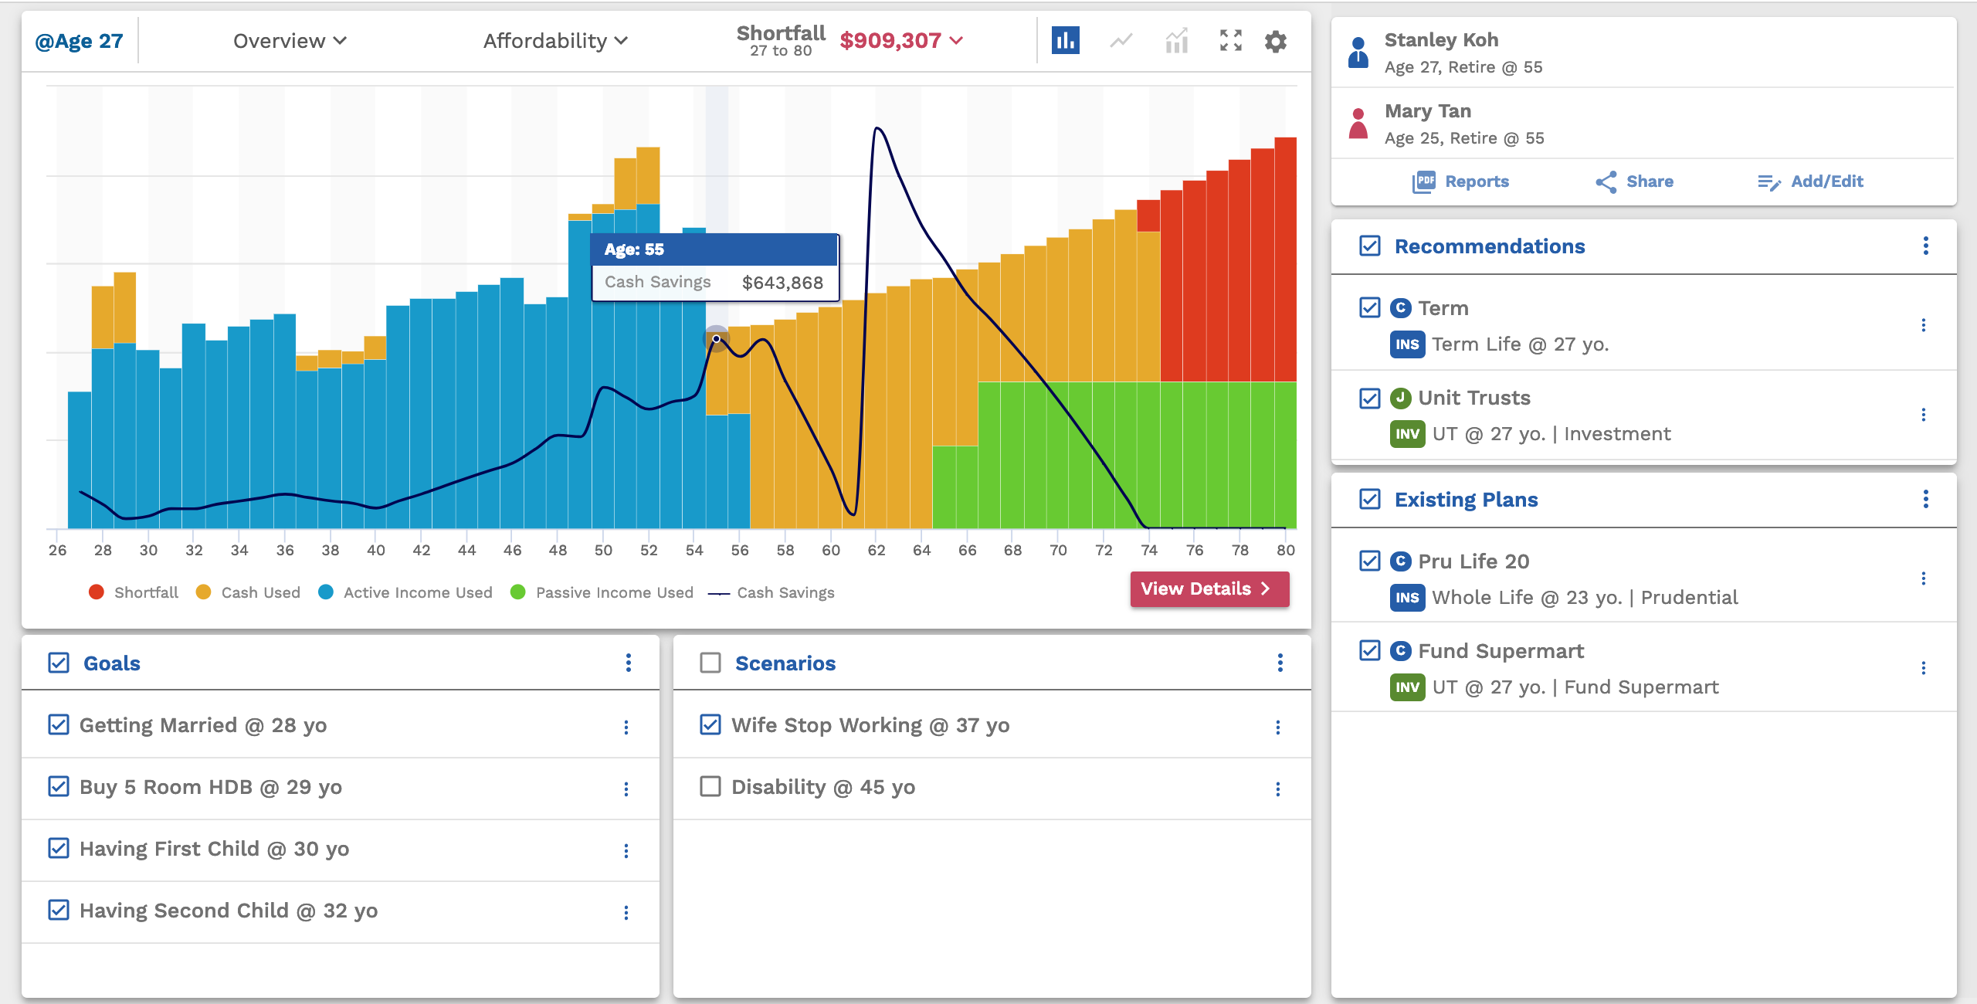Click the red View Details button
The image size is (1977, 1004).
pyautogui.click(x=1209, y=588)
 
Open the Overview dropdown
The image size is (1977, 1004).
pyautogui.click(x=290, y=41)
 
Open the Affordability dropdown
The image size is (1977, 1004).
pyautogui.click(x=555, y=41)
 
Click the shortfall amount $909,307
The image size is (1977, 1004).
pyautogui.click(x=890, y=40)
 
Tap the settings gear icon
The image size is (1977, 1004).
pyautogui.click(x=1275, y=41)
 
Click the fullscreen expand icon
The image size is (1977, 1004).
pyautogui.click(x=1230, y=41)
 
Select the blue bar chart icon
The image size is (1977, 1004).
pyautogui.click(x=1065, y=41)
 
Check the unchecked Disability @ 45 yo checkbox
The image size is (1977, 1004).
pyautogui.click(x=710, y=786)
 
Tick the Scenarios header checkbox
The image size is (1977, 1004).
pyautogui.click(x=710, y=663)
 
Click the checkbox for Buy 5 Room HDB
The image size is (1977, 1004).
pyautogui.click(x=59, y=786)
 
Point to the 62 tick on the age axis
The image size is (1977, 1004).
pyautogui.click(x=876, y=550)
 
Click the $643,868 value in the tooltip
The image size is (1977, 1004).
pyautogui.click(x=782, y=283)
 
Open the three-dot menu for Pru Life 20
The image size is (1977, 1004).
pyautogui.click(x=1923, y=578)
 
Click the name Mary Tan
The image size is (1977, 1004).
pyautogui.click(x=1427, y=111)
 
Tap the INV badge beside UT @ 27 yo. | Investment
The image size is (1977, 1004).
pyautogui.click(x=1407, y=434)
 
